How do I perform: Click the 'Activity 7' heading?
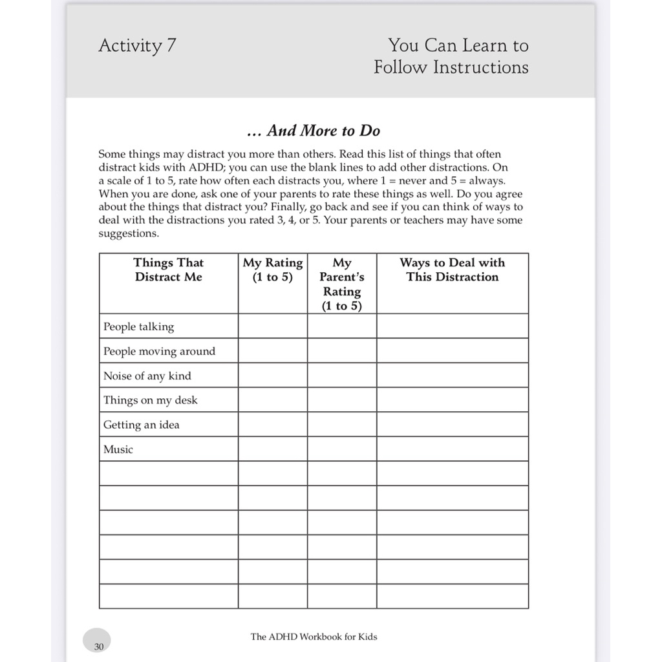[137, 46]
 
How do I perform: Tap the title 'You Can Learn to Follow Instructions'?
[451, 56]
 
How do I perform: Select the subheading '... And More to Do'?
[314, 131]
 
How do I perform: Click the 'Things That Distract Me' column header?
[168, 270]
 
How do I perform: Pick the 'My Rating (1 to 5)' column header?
[272, 270]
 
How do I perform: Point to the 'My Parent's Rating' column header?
[341, 284]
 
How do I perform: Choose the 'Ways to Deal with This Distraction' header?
[452, 270]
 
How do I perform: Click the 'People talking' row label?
[138, 326]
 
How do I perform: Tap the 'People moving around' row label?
[159, 351]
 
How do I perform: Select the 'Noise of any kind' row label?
[147, 376]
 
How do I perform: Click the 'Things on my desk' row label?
[150, 400]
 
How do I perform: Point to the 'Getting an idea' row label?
[141, 425]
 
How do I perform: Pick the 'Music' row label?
[118, 449]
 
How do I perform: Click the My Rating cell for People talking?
[272, 326]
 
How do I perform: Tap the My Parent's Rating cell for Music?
[341, 449]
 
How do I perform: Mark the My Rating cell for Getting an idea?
[272, 425]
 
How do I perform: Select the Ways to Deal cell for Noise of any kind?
[452, 376]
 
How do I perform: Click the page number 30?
[98, 646]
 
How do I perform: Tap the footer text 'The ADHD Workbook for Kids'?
[314, 637]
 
